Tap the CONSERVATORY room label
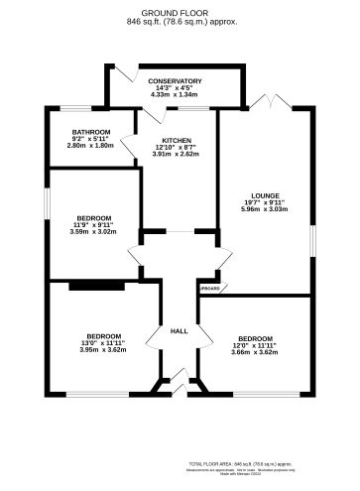point(175,81)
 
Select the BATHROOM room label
point(90,132)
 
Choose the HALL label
point(180,330)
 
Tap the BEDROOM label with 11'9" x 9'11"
point(94,217)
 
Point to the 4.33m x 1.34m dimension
point(175,95)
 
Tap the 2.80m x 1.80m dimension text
point(90,146)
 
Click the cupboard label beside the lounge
point(208,289)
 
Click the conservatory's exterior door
point(123,73)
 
